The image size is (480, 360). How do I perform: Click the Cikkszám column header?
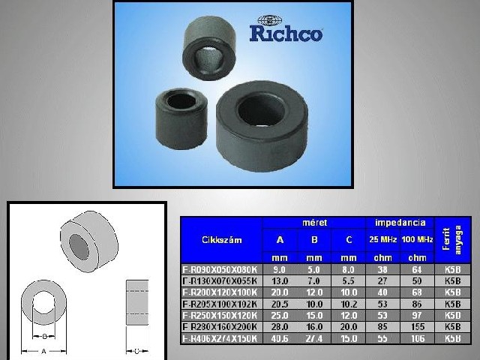(221, 240)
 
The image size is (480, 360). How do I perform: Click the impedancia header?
(400, 223)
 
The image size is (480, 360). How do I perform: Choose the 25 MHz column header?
(383, 239)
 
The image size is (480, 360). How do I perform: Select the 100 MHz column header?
(417, 239)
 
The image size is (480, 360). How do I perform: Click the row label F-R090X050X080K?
(221, 268)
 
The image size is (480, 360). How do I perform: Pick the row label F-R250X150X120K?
(221, 315)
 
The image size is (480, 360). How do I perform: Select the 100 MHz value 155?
(417, 327)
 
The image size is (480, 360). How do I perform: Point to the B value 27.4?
(313, 338)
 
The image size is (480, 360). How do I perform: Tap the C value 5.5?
(348, 280)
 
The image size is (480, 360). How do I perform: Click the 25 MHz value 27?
(383, 280)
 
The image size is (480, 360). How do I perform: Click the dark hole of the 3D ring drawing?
(79, 244)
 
